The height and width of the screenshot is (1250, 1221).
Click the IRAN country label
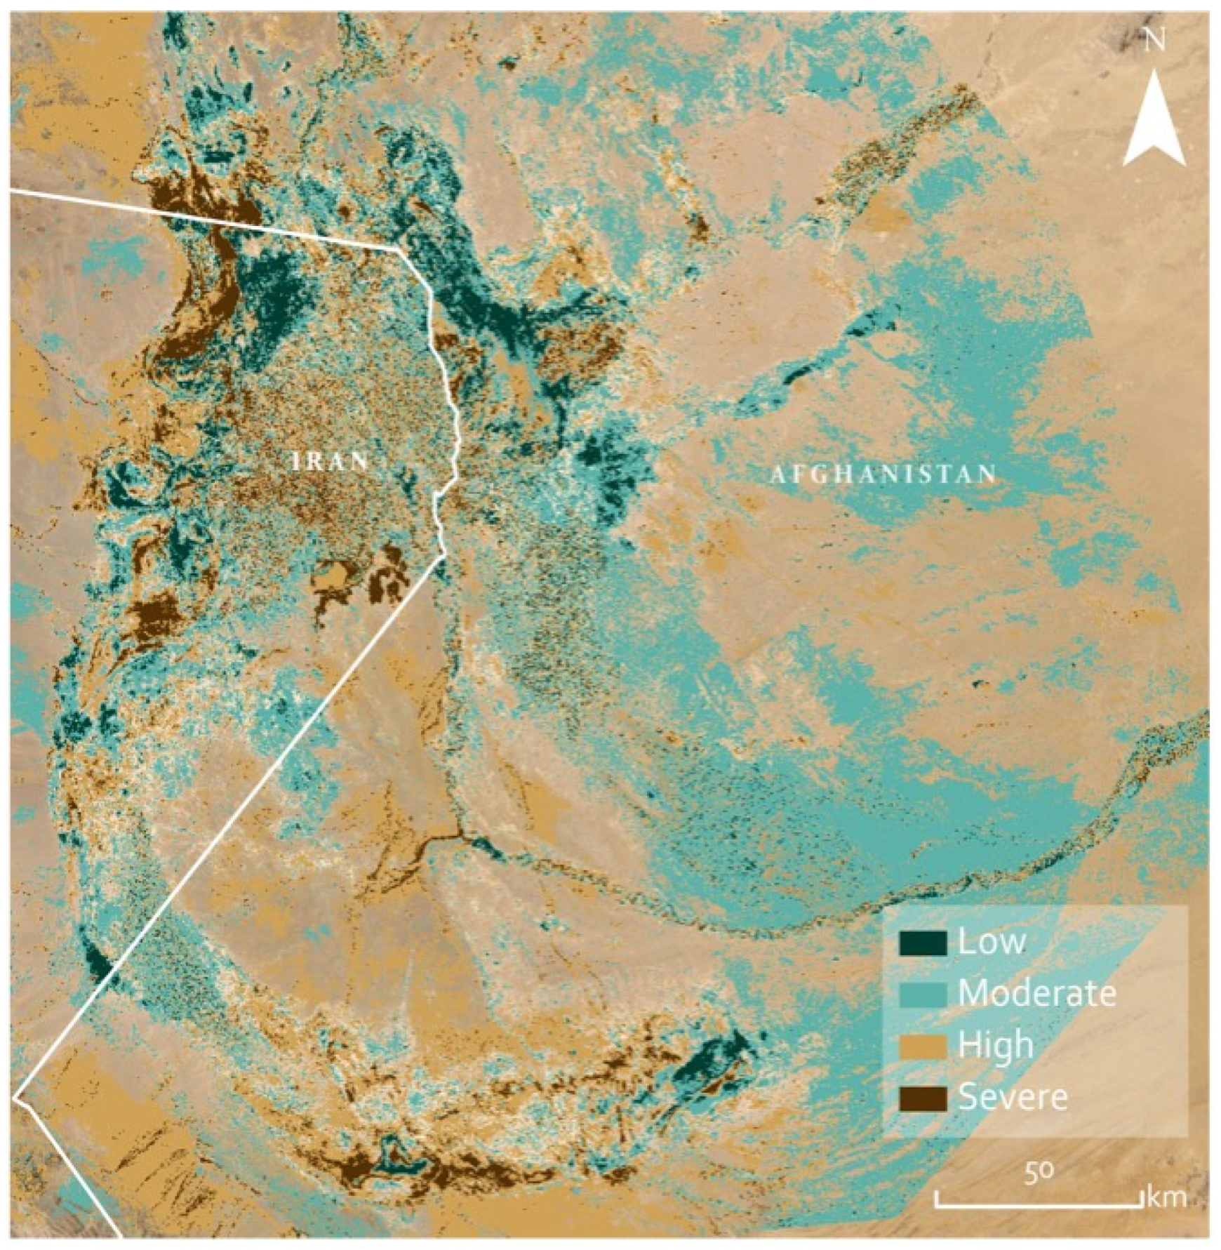tap(331, 461)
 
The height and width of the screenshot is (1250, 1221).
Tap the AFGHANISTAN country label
tap(883, 475)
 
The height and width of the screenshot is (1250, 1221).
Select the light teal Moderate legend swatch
tap(923, 995)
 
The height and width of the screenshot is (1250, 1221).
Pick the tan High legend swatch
tap(923, 1046)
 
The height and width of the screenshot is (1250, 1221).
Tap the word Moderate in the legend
tap(1037, 994)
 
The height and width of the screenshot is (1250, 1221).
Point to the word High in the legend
tap(996, 1046)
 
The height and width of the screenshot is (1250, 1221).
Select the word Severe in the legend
tap(1013, 1097)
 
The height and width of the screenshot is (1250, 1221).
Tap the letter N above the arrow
tap(1155, 41)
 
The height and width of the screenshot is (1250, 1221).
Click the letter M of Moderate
tap(972, 994)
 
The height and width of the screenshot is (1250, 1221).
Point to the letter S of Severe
tap(966, 1097)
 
